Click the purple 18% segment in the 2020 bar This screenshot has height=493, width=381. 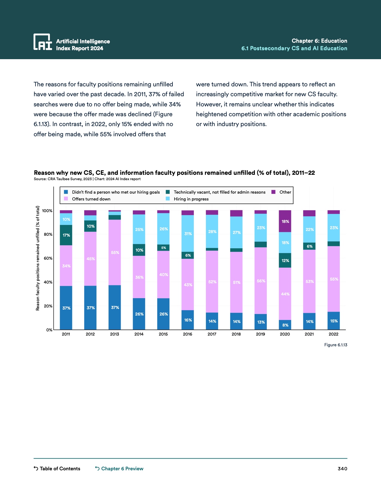point(285,221)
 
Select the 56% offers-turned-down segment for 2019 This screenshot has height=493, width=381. point(261,281)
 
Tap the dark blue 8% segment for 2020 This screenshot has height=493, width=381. point(285,325)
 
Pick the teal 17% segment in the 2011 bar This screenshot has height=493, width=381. point(66,235)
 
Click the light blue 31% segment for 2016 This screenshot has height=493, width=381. point(188,233)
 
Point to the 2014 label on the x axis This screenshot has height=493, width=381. point(139,334)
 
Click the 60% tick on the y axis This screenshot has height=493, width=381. point(48,258)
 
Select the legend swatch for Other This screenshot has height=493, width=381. point(273,192)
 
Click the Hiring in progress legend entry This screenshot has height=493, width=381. point(191,199)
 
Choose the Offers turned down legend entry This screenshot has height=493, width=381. point(91,199)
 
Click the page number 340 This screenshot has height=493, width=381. point(342,468)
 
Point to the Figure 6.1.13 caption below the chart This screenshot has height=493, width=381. point(336,345)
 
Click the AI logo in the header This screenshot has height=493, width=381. point(43,42)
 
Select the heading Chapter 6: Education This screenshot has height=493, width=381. point(319,41)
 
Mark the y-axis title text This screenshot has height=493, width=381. point(38,258)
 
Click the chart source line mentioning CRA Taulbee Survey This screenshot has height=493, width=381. point(87,179)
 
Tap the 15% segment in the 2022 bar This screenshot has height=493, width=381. point(333,321)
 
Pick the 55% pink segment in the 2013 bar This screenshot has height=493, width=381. point(115,252)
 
